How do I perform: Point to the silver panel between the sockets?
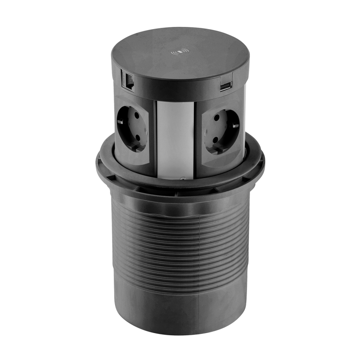[175, 135]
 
